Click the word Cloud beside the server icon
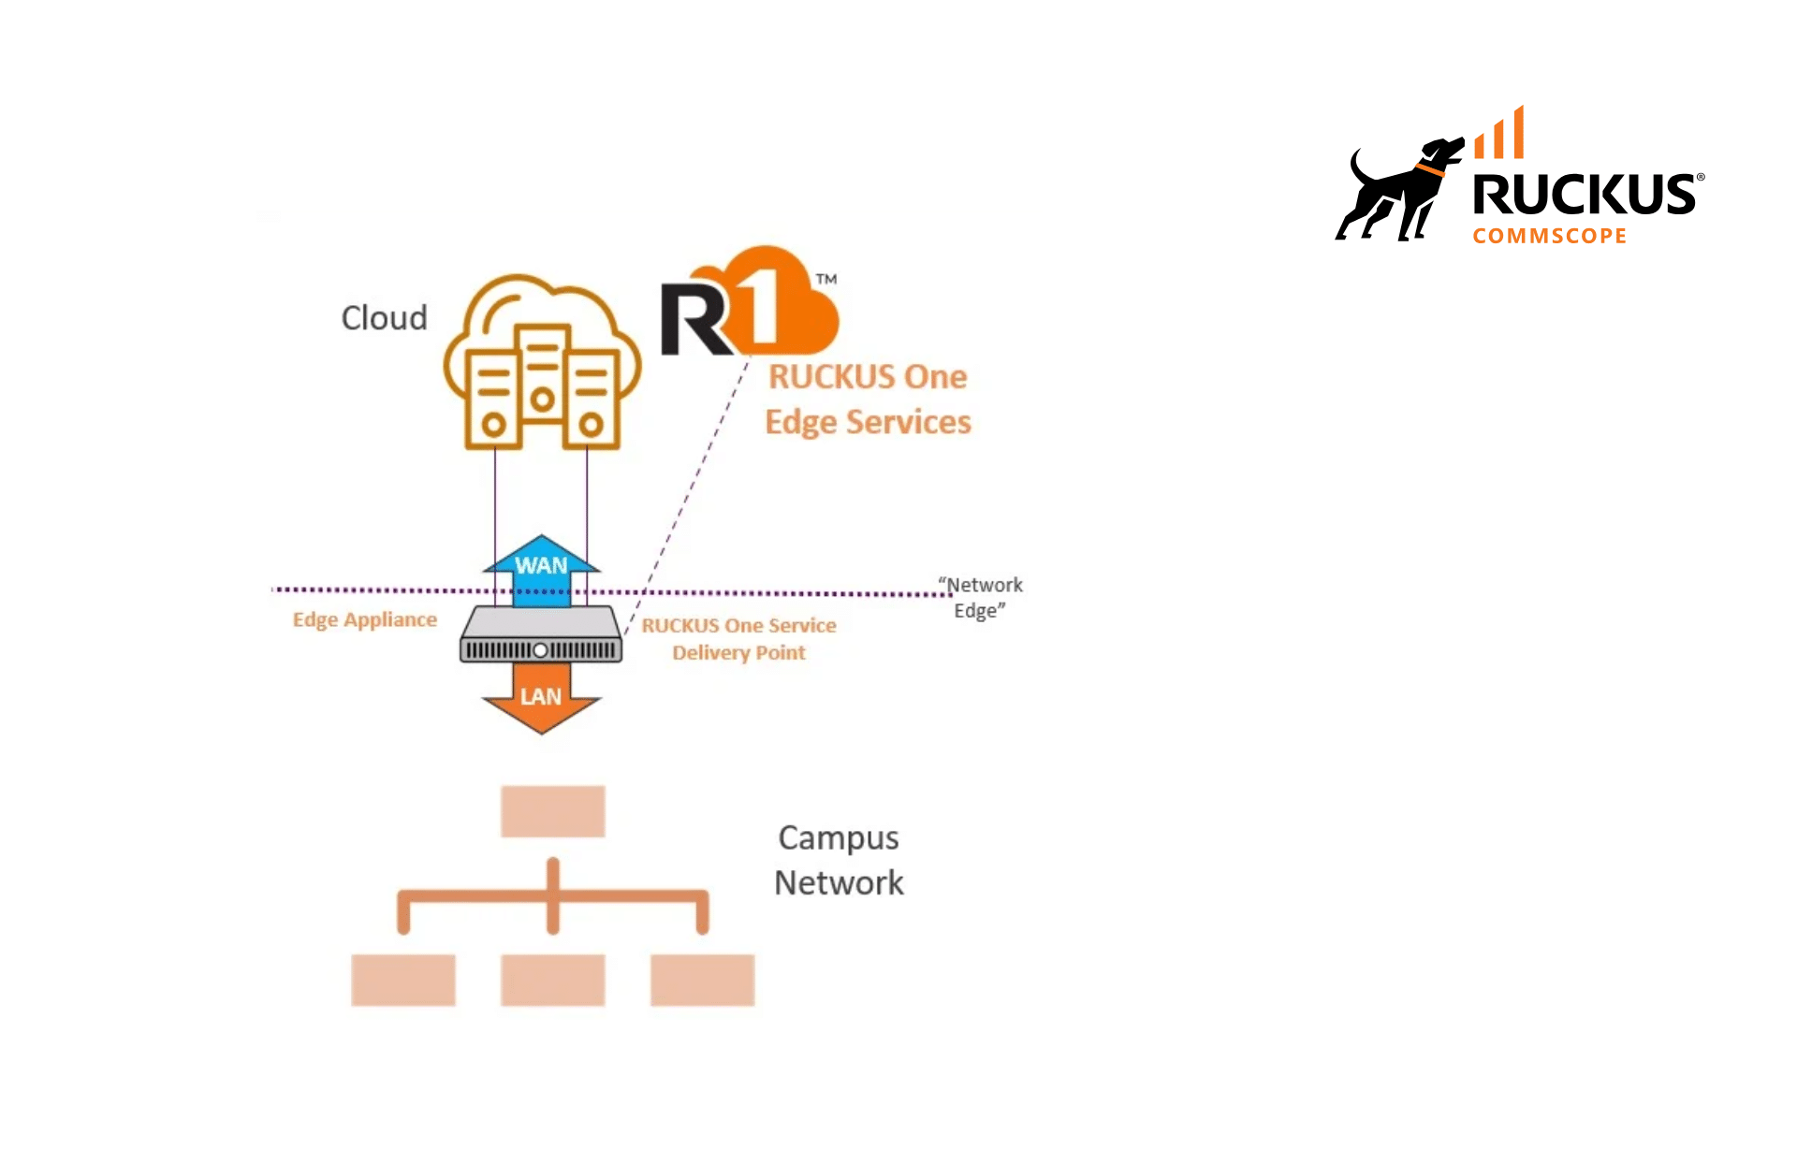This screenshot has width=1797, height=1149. click(384, 318)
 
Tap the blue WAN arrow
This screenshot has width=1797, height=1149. click(541, 565)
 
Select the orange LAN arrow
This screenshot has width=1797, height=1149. click(541, 700)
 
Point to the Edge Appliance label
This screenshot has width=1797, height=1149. click(364, 619)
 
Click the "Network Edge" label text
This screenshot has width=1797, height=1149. click(980, 597)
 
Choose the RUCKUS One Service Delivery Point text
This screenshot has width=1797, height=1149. click(738, 638)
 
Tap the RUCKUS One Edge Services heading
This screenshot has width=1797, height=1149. click(868, 400)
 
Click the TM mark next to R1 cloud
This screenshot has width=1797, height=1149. click(825, 279)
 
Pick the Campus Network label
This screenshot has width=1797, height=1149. click(839, 860)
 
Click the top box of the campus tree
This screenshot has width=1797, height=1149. click(552, 810)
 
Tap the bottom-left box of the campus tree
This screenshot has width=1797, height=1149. click(402, 980)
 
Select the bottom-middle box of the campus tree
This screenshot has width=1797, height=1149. click(552, 980)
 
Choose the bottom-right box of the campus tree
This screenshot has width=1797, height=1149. click(702, 980)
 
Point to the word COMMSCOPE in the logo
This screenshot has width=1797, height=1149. click(1549, 236)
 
